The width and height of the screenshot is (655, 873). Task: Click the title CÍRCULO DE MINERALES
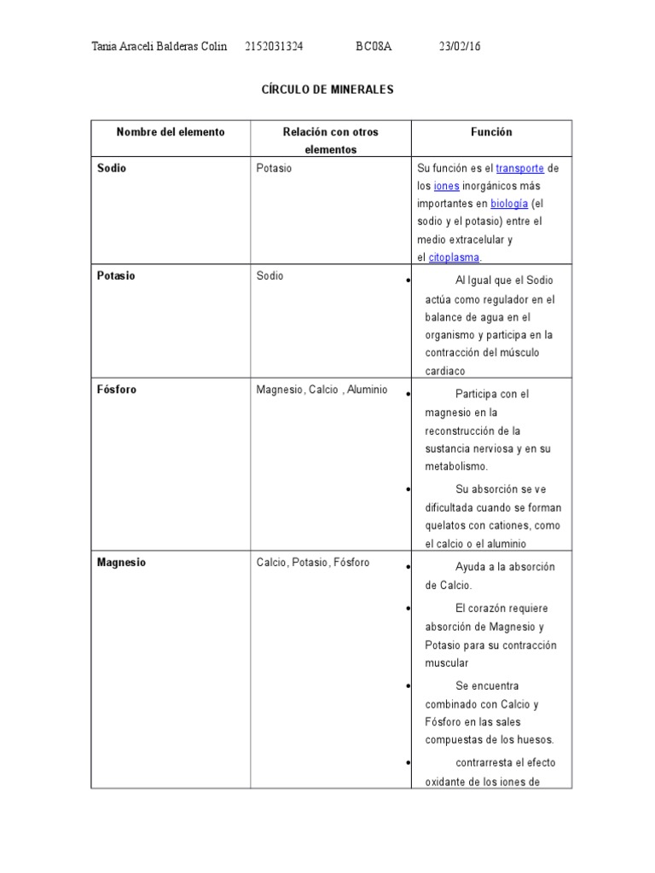coord(327,90)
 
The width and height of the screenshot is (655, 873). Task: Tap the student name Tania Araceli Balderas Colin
coord(159,47)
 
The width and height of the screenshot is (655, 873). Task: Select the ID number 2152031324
coord(274,47)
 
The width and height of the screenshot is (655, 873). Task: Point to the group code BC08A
coord(374,47)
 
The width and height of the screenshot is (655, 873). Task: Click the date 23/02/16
coord(460,47)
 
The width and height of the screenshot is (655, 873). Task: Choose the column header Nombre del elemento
coord(171,132)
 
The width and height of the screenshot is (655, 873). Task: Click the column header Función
coord(491,132)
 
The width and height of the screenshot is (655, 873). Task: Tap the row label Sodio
coord(112,168)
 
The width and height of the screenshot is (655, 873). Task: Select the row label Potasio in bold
coord(116,276)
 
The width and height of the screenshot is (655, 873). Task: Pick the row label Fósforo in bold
coord(117,390)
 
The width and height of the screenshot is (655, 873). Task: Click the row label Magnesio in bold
coord(121,563)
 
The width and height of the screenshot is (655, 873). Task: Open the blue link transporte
coord(519,168)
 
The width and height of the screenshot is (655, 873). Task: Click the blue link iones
coord(447,186)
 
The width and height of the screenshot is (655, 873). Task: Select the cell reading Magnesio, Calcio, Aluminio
coord(322,390)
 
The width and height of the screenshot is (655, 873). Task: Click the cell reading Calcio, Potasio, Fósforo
coord(312,563)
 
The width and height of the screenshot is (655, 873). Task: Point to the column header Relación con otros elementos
coord(330,141)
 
